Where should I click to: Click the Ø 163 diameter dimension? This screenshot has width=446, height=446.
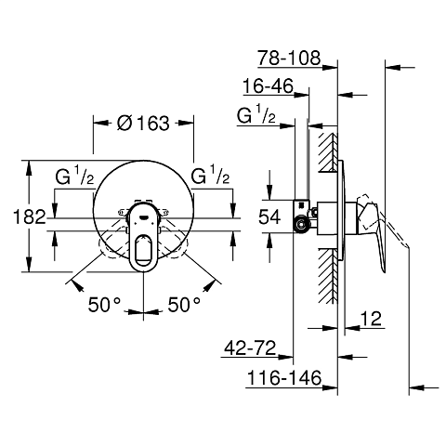pyautogui.click(x=144, y=122)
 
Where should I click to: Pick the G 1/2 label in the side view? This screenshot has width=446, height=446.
pyautogui.click(x=256, y=117)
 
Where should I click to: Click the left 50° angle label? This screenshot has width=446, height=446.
pyautogui.click(x=105, y=304)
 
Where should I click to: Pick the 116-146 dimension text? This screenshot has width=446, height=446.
pyautogui.click(x=285, y=379)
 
